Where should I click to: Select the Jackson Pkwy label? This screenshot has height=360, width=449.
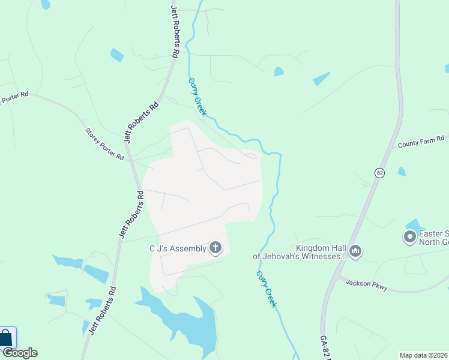[366, 285]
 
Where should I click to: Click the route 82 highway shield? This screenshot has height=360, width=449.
[379, 173]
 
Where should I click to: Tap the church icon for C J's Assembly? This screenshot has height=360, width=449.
[216, 248]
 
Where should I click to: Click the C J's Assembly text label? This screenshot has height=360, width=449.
[178, 248]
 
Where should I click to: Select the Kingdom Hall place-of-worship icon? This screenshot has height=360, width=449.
[355, 251]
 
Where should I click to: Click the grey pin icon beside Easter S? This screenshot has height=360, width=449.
[411, 238]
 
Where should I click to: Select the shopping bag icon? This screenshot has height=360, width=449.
[6, 337]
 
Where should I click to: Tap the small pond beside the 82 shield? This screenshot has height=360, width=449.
[402, 172]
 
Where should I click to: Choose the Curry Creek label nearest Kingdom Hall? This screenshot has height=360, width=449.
[267, 289]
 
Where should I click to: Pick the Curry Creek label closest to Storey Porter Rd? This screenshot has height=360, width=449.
[197, 97]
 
